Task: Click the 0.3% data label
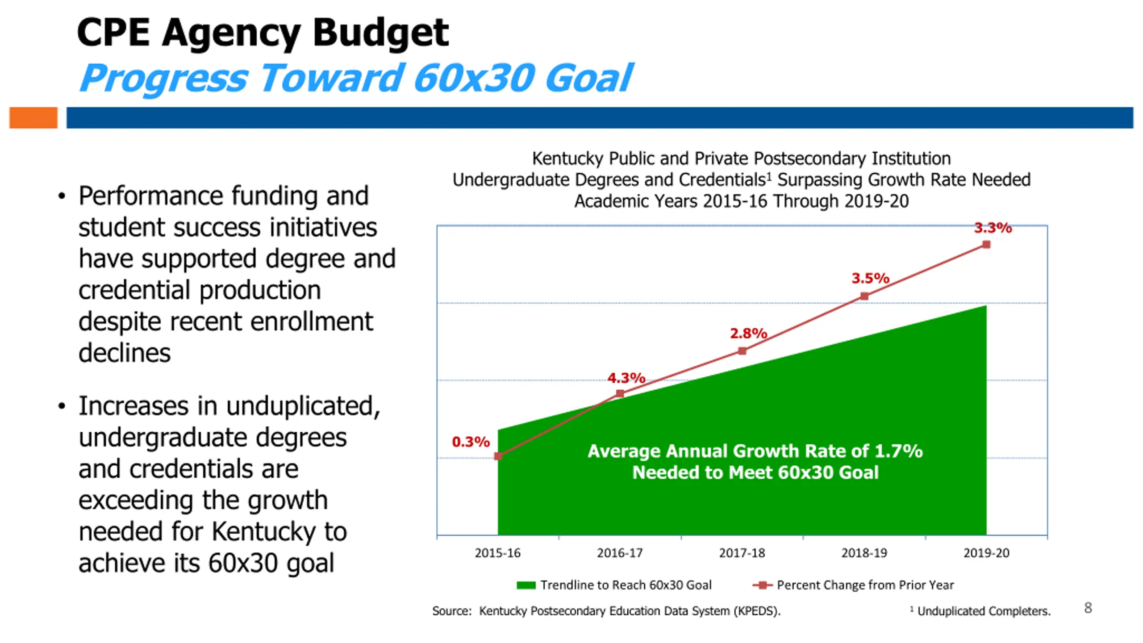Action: click(471, 442)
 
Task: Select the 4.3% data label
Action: click(626, 378)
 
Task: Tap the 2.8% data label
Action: click(748, 333)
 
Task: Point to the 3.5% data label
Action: click(870, 278)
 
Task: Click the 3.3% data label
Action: click(993, 228)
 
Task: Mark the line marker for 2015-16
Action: click(498, 456)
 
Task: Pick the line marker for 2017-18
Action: click(742, 351)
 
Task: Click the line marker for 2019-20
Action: click(986, 245)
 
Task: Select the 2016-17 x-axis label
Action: click(620, 553)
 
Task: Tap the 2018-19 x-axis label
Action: click(864, 553)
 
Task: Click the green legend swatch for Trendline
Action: click(526, 585)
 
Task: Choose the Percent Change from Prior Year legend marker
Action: click(763, 585)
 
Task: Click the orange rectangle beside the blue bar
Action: click(33, 118)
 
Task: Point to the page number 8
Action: click(1088, 608)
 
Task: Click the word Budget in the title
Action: click(380, 33)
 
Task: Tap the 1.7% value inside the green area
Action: click(898, 451)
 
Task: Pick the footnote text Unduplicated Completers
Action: click(984, 611)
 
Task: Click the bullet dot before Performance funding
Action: click(62, 196)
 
